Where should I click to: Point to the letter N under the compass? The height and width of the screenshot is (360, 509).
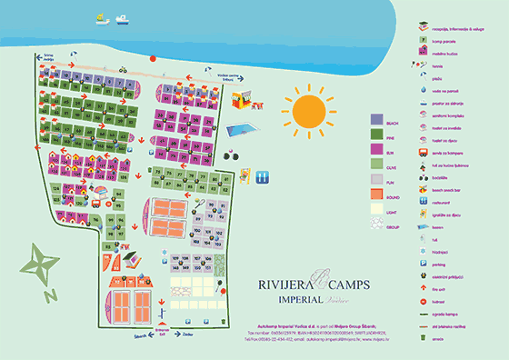click(51, 294)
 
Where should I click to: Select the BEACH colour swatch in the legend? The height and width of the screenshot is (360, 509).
click(377, 119)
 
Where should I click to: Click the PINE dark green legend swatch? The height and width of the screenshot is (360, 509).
click(377, 134)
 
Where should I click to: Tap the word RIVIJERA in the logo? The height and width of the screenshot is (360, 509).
click(283, 284)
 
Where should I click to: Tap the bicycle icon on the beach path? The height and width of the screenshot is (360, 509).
click(121, 69)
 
